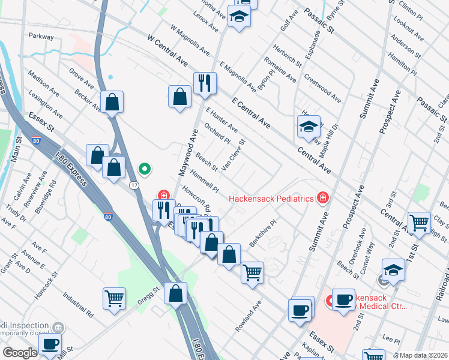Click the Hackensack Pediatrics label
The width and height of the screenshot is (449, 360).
point(271,198)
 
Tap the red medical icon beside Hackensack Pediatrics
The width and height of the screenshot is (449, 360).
point(323,197)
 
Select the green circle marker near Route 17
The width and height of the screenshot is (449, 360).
point(144,169)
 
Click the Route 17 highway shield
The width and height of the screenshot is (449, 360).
point(134,185)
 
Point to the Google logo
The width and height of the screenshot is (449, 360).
point(20,353)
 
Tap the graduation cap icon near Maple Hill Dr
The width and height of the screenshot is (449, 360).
point(309,127)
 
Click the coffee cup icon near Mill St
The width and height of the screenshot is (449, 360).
point(50,344)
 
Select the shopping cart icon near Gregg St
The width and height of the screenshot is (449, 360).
point(114,298)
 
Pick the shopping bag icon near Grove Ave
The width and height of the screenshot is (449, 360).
point(112,102)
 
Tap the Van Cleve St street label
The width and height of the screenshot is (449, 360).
point(233,155)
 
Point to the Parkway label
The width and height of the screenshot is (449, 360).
point(40,37)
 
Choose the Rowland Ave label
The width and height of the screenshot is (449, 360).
point(249,316)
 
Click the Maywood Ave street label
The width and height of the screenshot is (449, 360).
point(186,152)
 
